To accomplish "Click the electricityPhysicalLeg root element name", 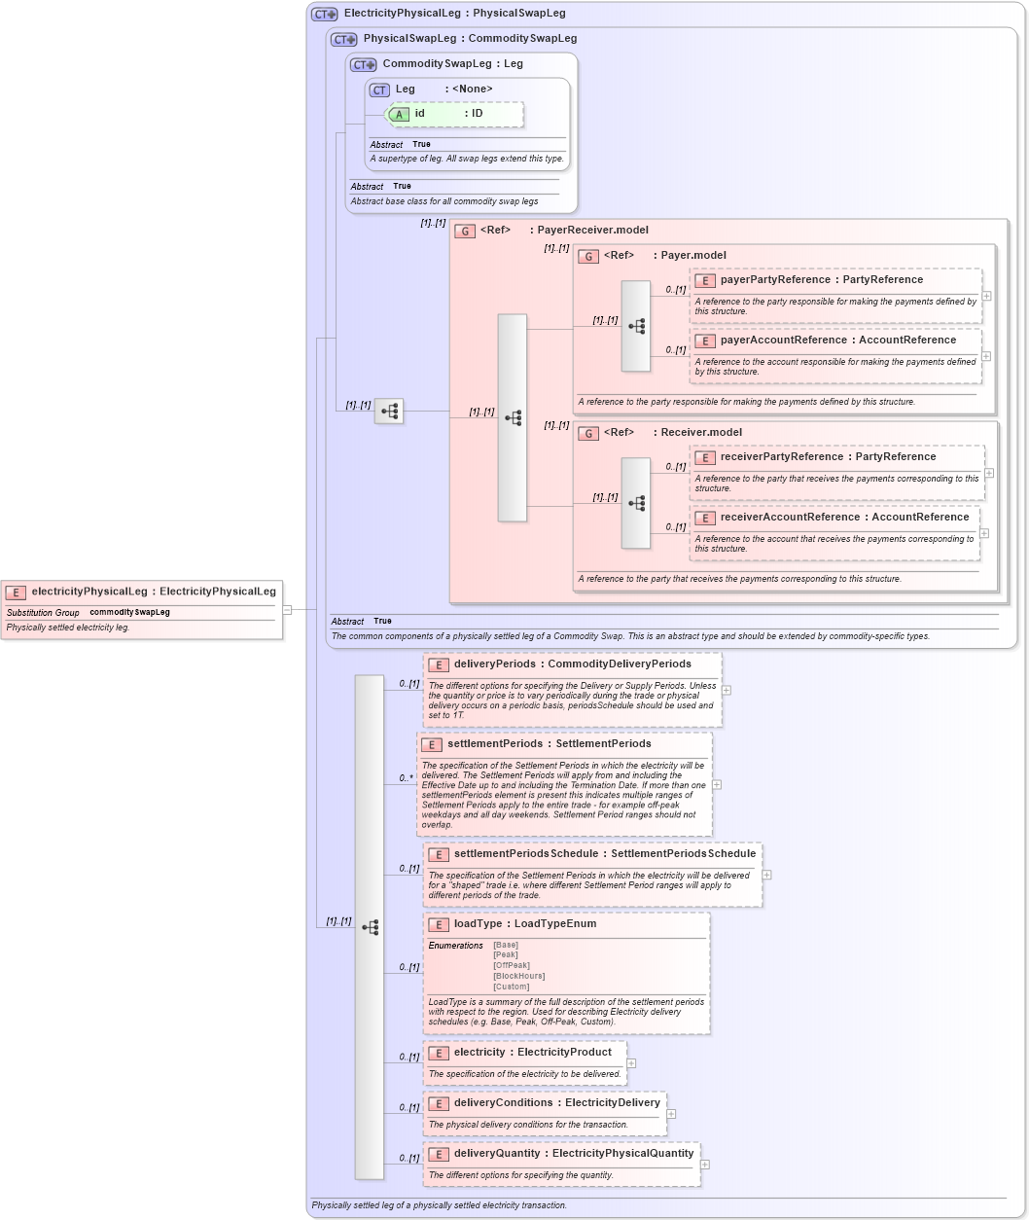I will coord(89,592).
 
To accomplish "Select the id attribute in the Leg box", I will coord(419,114).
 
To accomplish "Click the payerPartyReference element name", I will coord(775,280).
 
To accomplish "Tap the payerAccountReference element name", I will coord(783,341).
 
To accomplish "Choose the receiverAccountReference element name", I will coord(790,518).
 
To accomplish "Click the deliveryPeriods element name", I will coord(494,664).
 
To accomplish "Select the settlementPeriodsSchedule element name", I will coord(525,854).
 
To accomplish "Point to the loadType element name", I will coord(478,924).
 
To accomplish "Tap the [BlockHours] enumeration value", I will coord(518,976).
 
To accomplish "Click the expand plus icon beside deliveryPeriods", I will coord(727,690).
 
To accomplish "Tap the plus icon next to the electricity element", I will coord(631,1063).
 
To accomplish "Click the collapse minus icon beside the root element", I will coord(287,610).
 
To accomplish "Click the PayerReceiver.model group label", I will coord(592,231).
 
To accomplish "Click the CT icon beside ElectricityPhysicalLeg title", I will coord(324,15).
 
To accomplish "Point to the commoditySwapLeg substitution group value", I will coord(129,613).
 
